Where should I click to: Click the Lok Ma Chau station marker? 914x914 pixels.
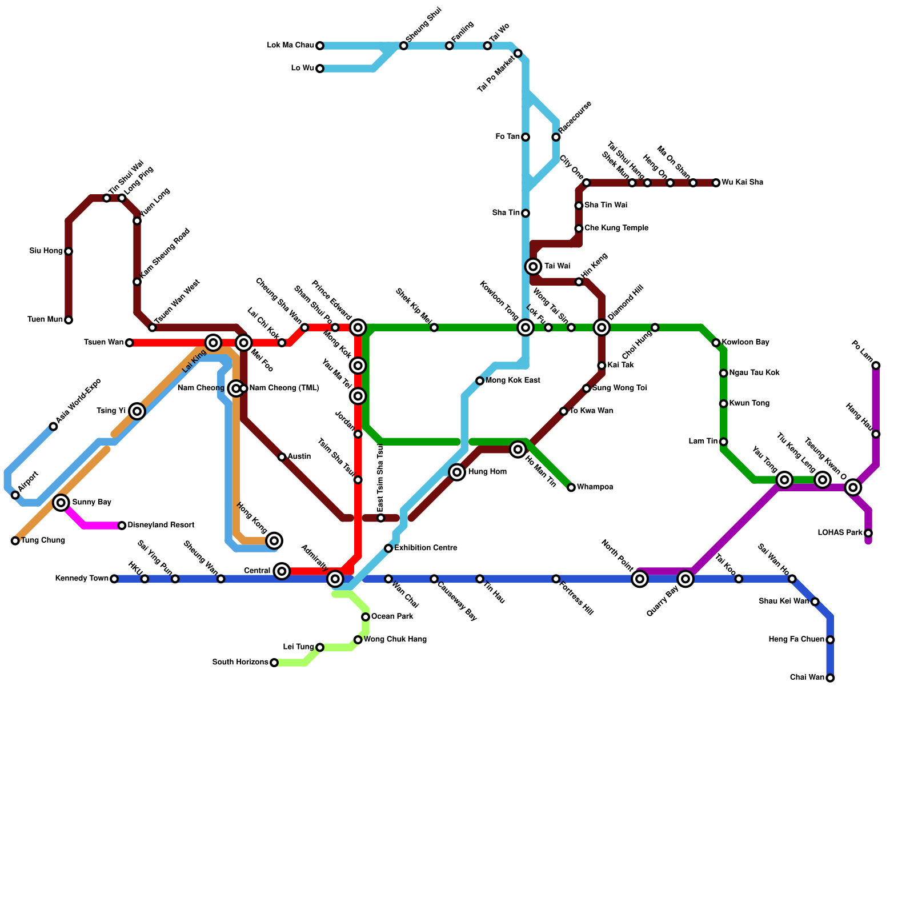320,46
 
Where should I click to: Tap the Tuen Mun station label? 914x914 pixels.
45,320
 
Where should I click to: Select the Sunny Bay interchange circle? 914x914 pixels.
61,503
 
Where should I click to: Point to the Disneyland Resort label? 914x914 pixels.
161,526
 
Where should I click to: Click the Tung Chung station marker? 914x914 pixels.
15,541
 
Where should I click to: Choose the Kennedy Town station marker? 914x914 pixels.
114,579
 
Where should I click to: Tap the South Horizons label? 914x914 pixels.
240,663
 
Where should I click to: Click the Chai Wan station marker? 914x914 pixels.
830,678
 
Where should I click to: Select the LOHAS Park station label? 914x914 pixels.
840,533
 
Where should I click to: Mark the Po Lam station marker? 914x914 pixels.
876,366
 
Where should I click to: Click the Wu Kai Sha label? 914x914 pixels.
742,183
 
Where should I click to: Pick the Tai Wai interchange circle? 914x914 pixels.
533,267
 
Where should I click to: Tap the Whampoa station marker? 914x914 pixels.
571,487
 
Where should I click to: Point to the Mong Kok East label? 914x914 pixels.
512,380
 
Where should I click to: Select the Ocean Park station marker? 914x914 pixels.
366,617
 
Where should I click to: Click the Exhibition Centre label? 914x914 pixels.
426,548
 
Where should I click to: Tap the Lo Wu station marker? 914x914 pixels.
320,69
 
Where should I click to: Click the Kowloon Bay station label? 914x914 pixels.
745,343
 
